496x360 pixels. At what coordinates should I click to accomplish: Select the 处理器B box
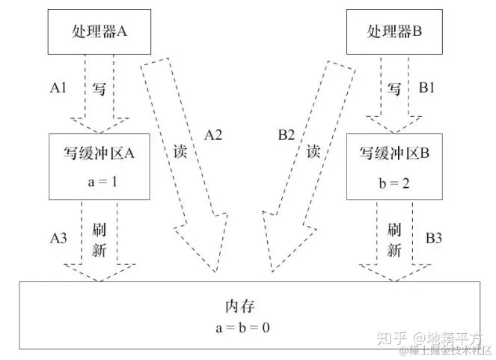pyautogui.click(x=397, y=32)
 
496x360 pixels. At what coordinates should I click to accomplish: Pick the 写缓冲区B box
pyautogui.click(x=397, y=167)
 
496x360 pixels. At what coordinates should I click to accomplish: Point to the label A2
pyautogui.click(x=215, y=135)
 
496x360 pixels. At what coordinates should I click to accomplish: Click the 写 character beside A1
pyautogui.click(x=99, y=88)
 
